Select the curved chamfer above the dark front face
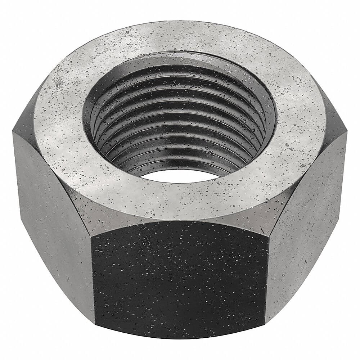pyautogui.click(x=180, y=221)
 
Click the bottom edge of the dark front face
pyautogui.click(x=180, y=340)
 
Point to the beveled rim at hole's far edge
pyautogui.click(x=180, y=58)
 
